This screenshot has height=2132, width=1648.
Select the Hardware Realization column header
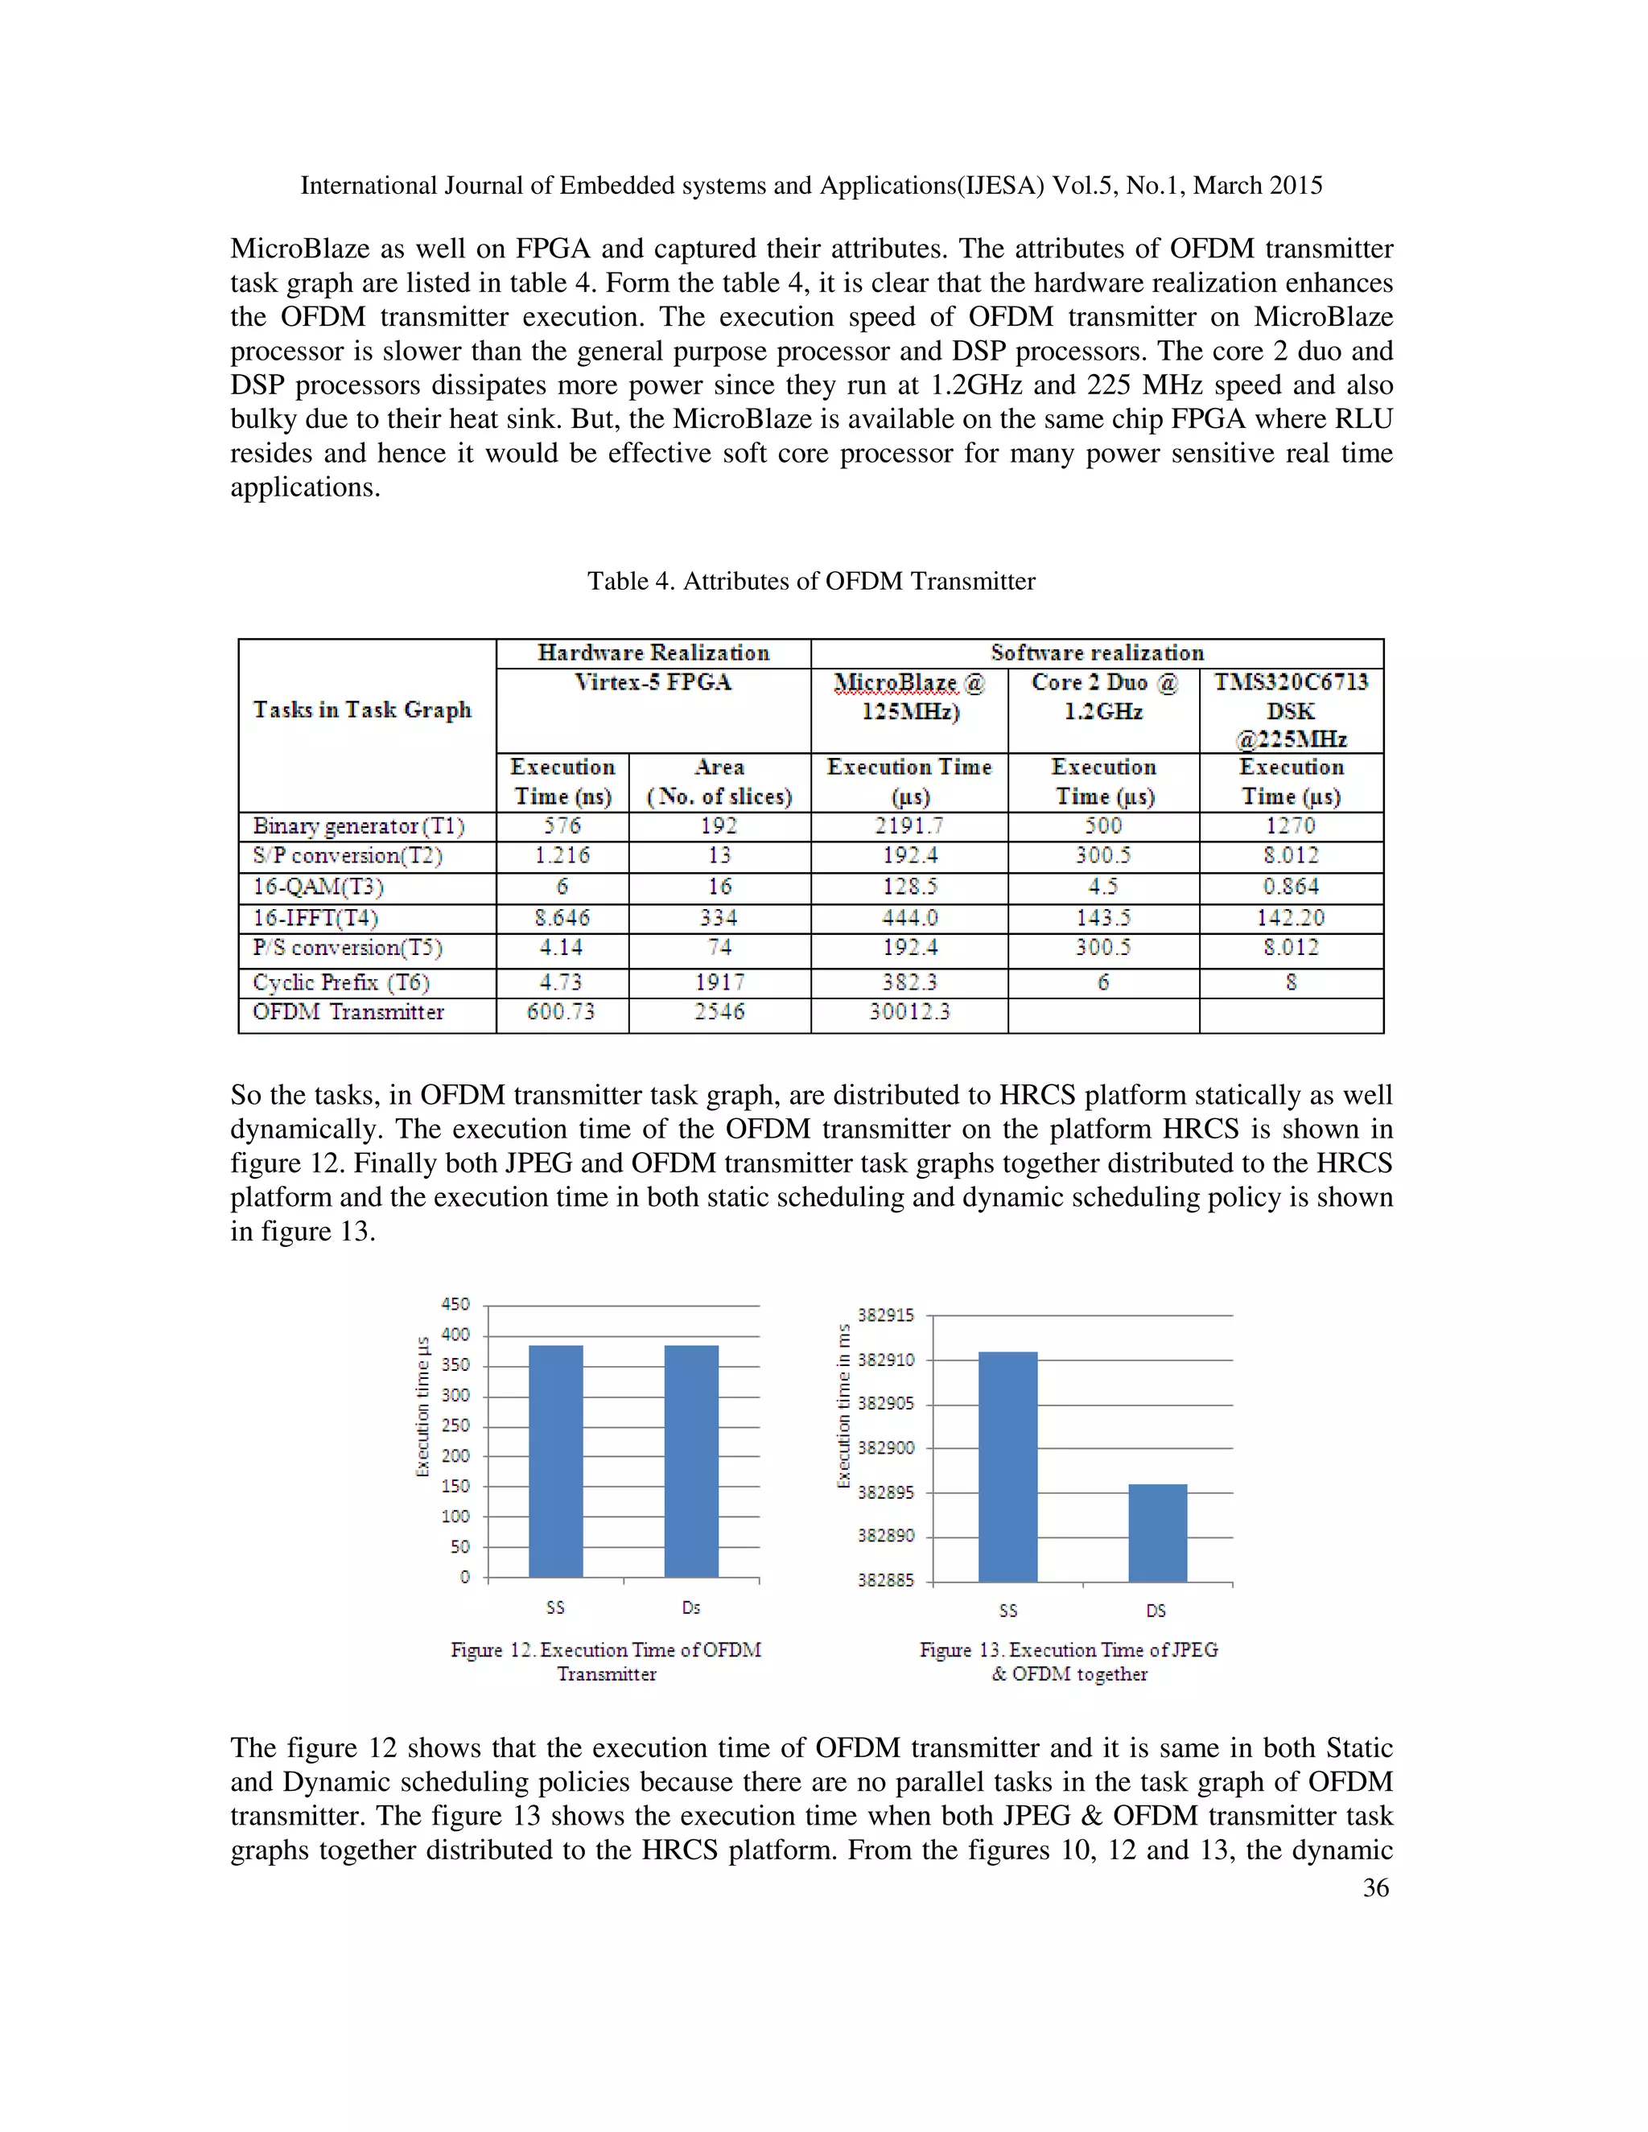point(653,653)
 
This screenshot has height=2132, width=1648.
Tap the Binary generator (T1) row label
point(358,826)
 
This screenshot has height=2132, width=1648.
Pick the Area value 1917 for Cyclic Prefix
point(719,982)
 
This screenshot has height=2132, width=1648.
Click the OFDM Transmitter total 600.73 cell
point(562,1012)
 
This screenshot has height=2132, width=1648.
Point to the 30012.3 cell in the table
point(909,1012)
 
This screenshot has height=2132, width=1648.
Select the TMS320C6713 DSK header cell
point(1291,710)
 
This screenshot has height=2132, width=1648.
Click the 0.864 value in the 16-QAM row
point(1291,887)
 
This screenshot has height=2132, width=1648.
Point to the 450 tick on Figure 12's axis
point(456,1304)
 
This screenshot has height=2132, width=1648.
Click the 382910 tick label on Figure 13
point(885,1360)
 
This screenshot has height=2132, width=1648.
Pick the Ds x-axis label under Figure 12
point(691,1607)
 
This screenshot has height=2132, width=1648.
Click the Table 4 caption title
point(810,582)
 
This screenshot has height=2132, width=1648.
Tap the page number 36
point(1374,1888)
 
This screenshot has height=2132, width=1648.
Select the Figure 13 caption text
point(1069,1661)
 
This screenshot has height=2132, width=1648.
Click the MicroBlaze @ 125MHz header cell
point(909,696)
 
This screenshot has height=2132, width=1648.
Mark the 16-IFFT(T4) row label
point(315,918)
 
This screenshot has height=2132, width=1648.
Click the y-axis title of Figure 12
point(422,1406)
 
